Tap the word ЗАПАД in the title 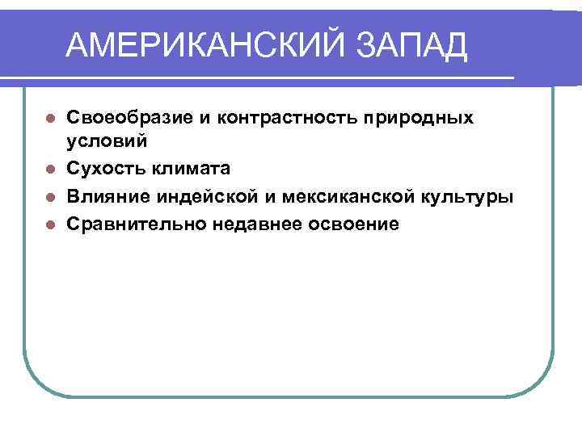click(x=413, y=46)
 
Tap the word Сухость click(x=104, y=169)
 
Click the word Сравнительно click(x=135, y=223)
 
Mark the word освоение click(x=354, y=223)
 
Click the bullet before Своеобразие click(x=49, y=117)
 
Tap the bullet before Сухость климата click(x=49, y=170)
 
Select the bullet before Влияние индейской click(x=49, y=196)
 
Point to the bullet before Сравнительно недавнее click(x=49, y=224)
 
